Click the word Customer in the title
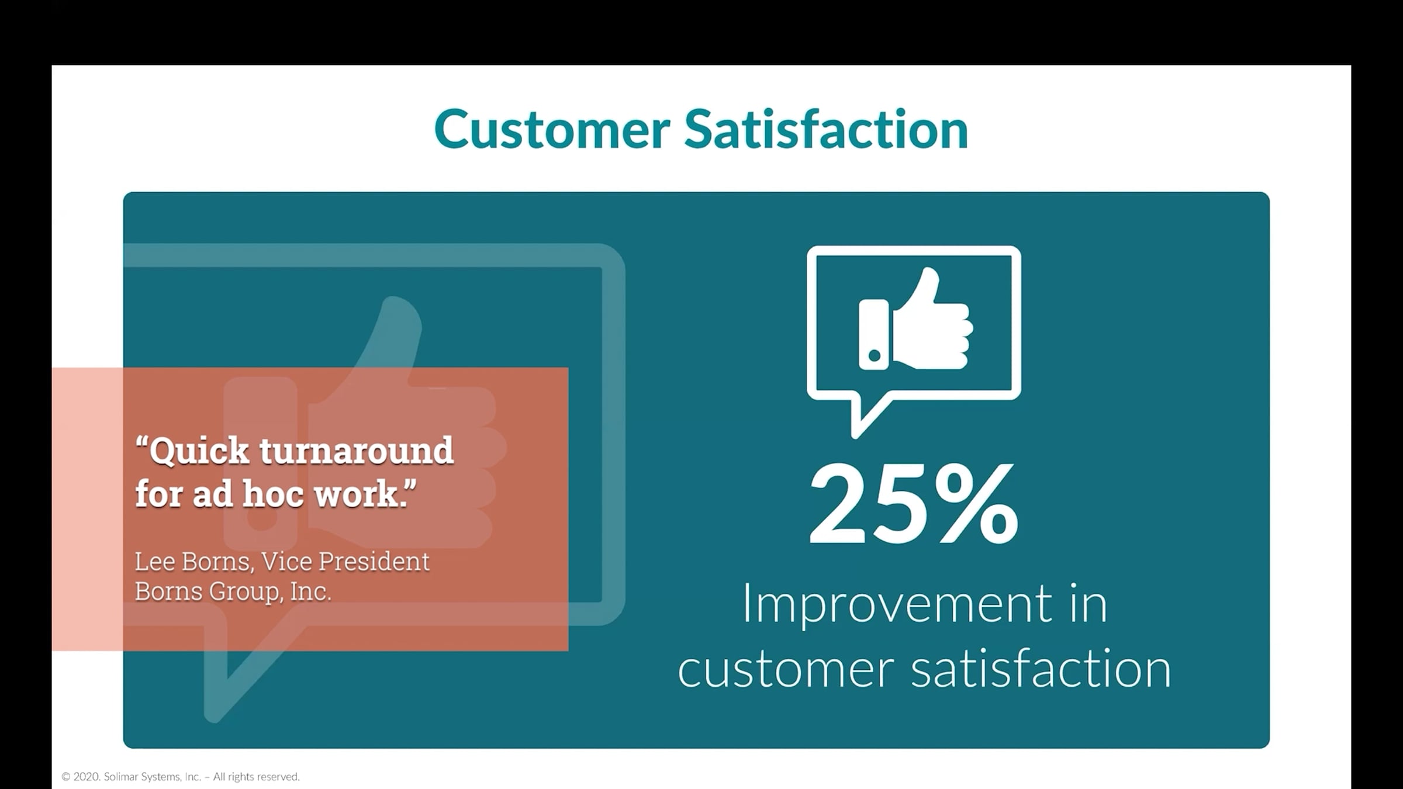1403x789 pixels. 552,129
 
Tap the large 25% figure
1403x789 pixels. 914,503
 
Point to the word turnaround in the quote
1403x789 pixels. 357,451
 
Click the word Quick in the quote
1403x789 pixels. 193,452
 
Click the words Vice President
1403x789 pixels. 345,562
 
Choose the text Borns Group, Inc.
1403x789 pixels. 233,592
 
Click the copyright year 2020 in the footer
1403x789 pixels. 87,777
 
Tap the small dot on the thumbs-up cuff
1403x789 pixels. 875,355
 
